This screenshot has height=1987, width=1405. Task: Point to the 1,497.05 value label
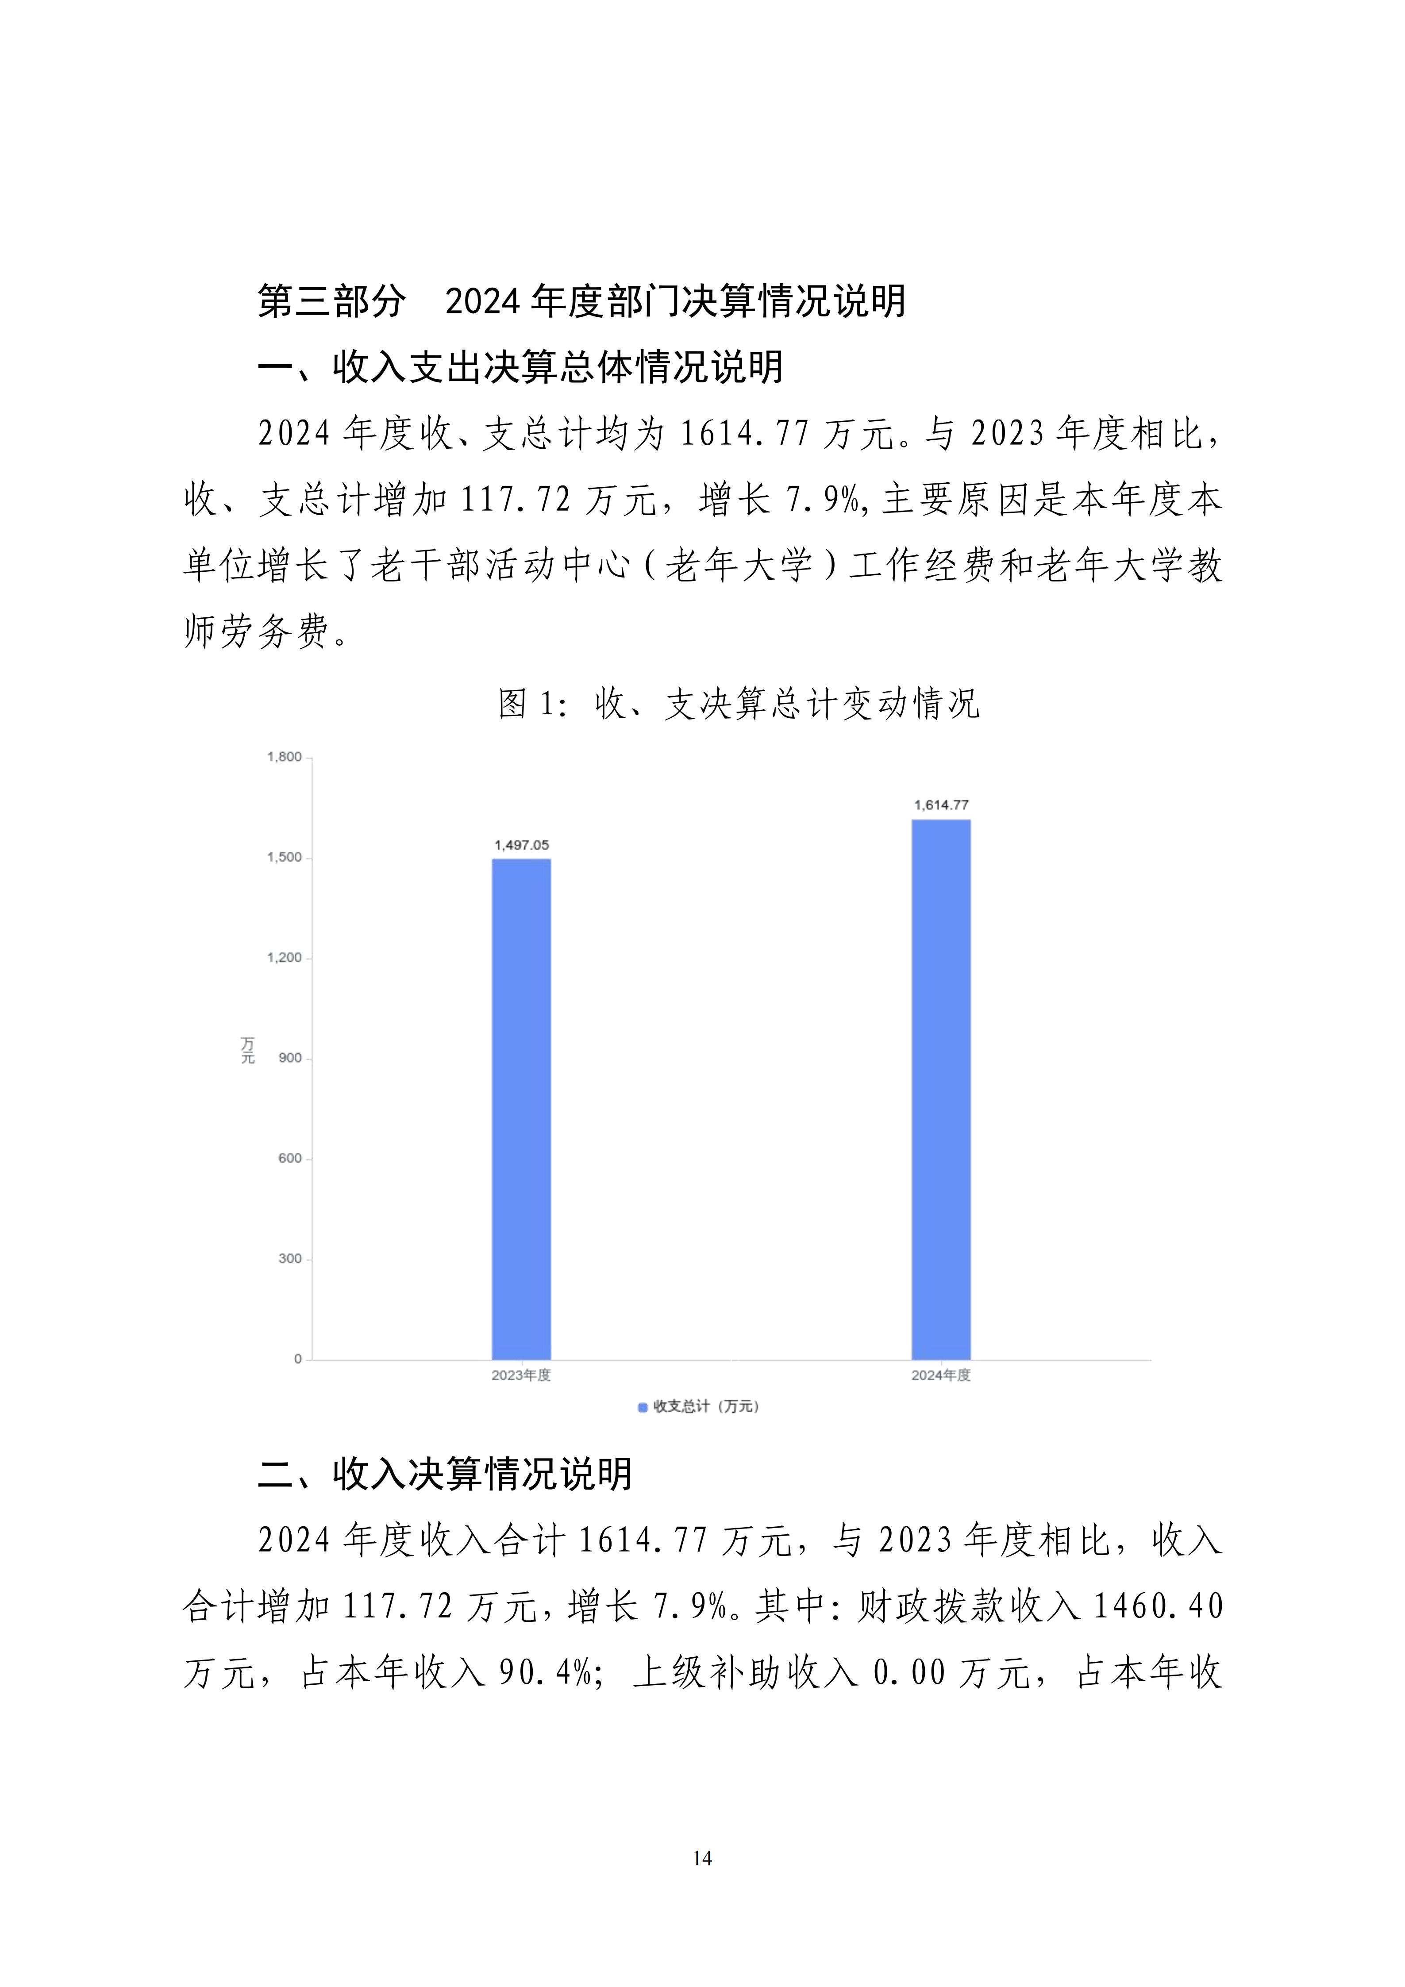click(x=522, y=845)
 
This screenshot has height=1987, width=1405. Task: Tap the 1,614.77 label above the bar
click(x=941, y=805)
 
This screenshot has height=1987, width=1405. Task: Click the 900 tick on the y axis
click(x=290, y=1059)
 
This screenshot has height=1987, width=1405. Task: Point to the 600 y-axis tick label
click(x=290, y=1159)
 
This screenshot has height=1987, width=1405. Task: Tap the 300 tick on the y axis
click(x=290, y=1259)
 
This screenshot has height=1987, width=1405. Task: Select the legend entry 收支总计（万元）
click(x=699, y=1407)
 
